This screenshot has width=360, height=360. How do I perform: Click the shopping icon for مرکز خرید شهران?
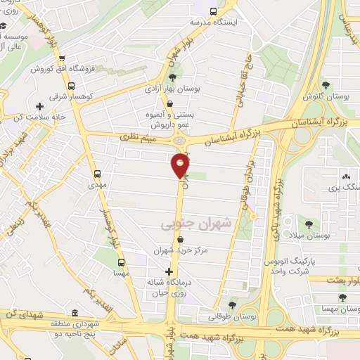(x=181, y=240)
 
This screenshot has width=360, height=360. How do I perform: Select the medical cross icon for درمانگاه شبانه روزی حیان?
(x=169, y=271)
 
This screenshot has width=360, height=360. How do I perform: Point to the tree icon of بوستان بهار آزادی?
(x=173, y=77)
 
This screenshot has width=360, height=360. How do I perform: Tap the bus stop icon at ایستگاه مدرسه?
(x=214, y=11)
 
